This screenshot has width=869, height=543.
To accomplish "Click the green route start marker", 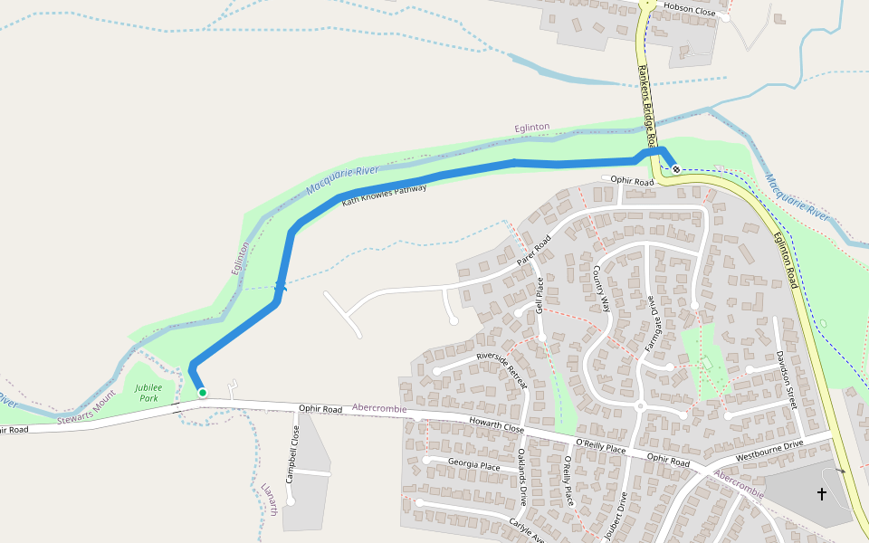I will [x=203, y=393].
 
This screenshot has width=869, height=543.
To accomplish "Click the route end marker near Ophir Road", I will [x=676, y=169].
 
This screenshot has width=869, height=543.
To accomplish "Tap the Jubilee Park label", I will [x=148, y=392].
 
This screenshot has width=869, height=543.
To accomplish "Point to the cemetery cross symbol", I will [x=822, y=494].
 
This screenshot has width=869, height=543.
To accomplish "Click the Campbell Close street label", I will [x=293, y=453].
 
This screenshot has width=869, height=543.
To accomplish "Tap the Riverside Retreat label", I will [x=501, y=369].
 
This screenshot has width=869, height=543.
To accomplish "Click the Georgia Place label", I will [x=473, y=466].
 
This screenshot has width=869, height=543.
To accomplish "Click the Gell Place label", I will [x=540, y=296].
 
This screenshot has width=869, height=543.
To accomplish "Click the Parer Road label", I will [x=534, y=252].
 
